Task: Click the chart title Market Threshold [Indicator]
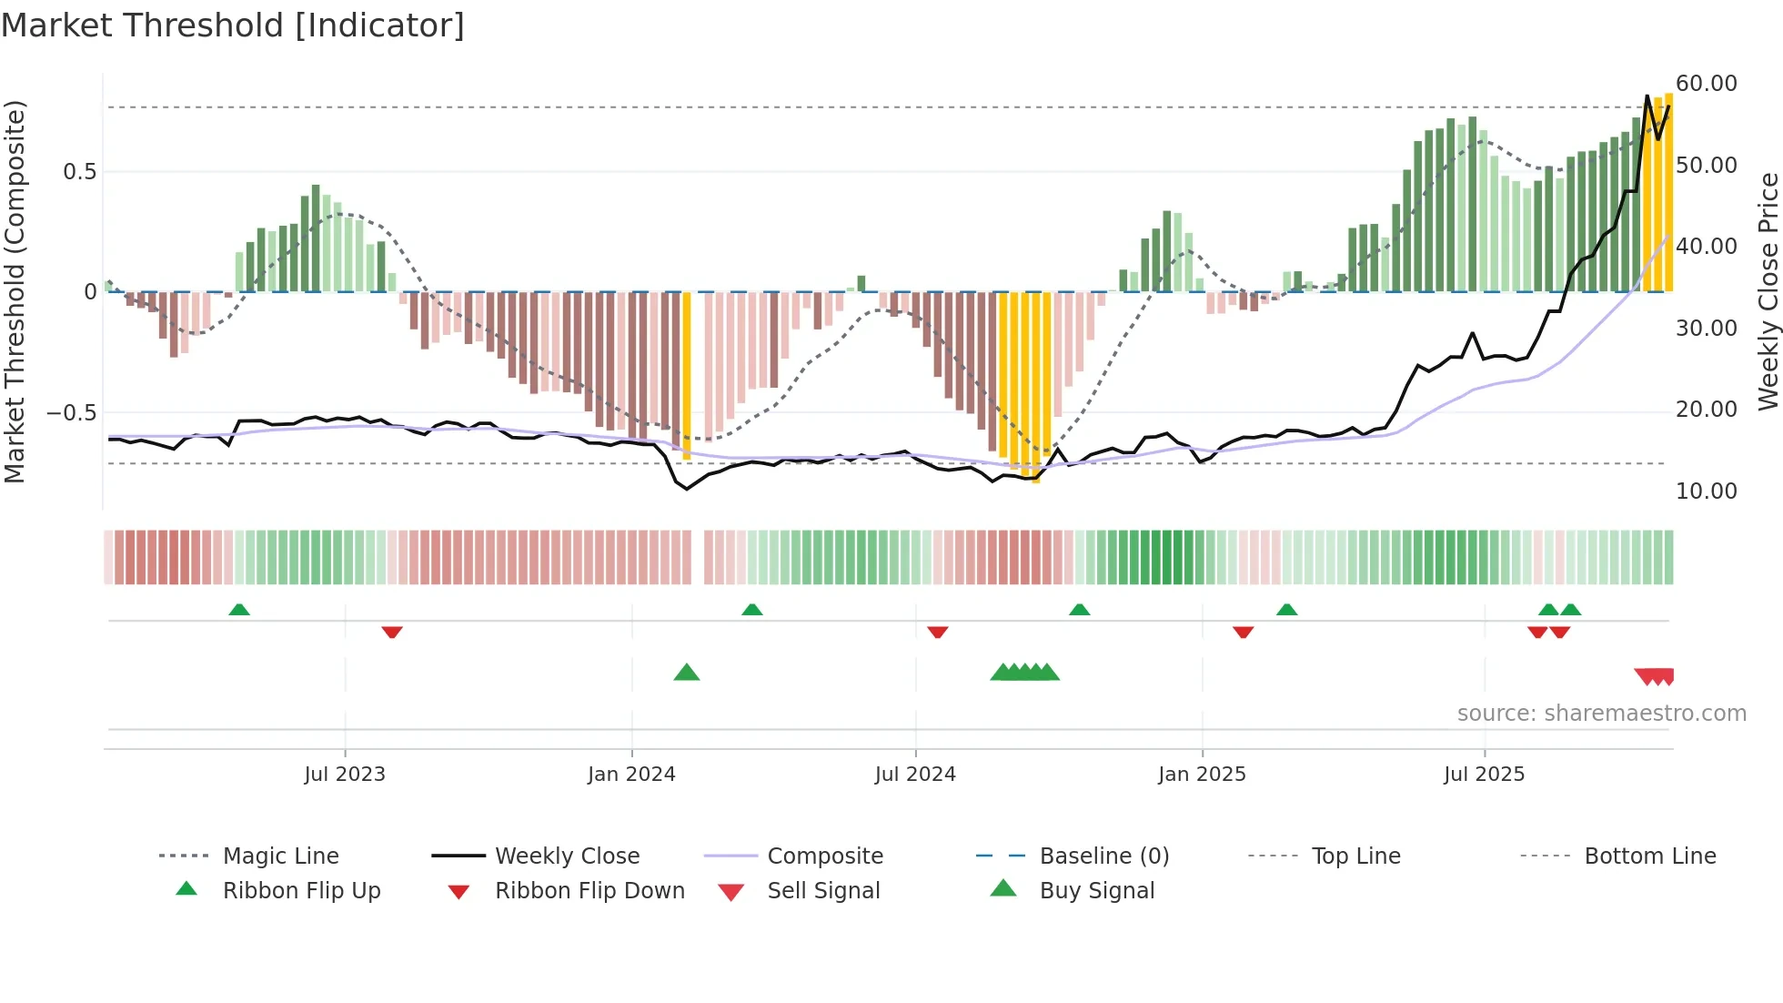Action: coord(233,25)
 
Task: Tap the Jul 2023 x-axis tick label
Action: coord(345,775)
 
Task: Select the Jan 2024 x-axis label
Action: coord(631,775)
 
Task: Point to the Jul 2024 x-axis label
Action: coord(915,775)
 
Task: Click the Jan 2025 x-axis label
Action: coord(1202,775)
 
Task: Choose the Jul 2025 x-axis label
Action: coord(1484,775)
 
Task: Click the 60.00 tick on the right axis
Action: coord(1707,84)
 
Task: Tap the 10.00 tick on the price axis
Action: coord(1707,491)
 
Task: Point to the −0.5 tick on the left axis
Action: coord(72,413)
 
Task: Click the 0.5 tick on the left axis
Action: coord(79,172)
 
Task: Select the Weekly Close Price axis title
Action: coord(1768,291)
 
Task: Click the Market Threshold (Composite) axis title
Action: coord(15,291)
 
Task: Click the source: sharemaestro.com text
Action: coord(1601,714)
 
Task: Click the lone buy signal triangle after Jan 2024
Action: coord(687,673)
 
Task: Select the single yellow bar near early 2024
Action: coord(687,375)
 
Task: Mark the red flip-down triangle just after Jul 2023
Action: coord(392,632)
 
